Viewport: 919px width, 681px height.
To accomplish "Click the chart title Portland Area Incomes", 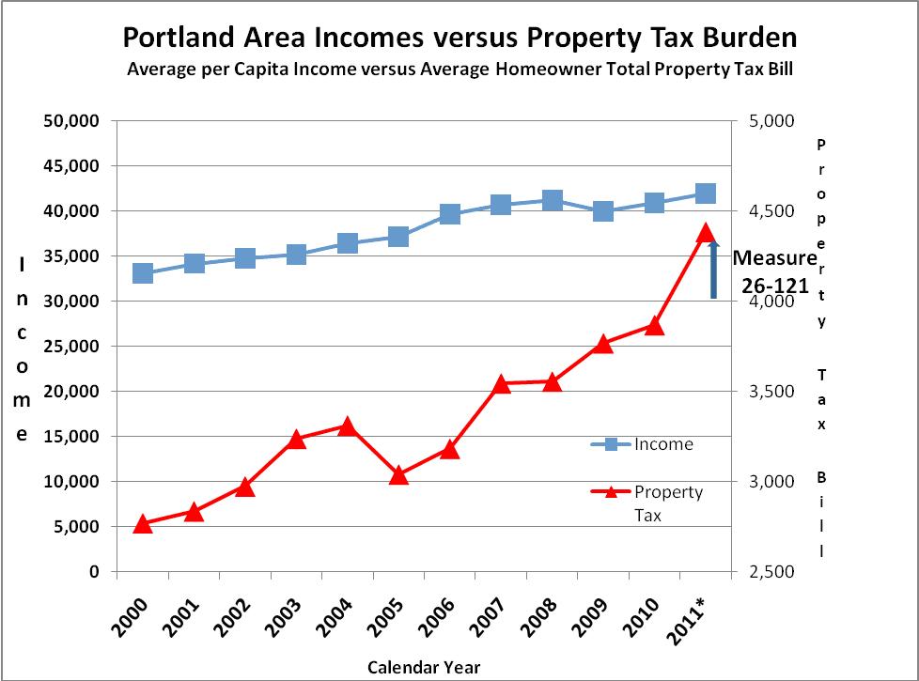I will (459, 38).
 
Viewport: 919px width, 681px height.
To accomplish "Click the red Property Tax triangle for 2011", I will (706, 233).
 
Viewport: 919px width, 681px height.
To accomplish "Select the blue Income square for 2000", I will (143, 273).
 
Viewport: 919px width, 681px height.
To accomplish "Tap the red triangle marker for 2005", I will (398, 475).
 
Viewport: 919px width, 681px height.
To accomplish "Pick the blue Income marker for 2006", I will (449, 215).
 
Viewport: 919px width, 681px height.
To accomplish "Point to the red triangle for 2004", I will (347, 426).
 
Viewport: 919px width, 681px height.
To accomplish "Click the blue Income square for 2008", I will (553, 200).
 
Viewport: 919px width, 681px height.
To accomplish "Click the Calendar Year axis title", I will (424, 667).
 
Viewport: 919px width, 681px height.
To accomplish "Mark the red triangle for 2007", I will (501, 383).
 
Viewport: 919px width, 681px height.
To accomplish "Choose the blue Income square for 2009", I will (603, 211).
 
